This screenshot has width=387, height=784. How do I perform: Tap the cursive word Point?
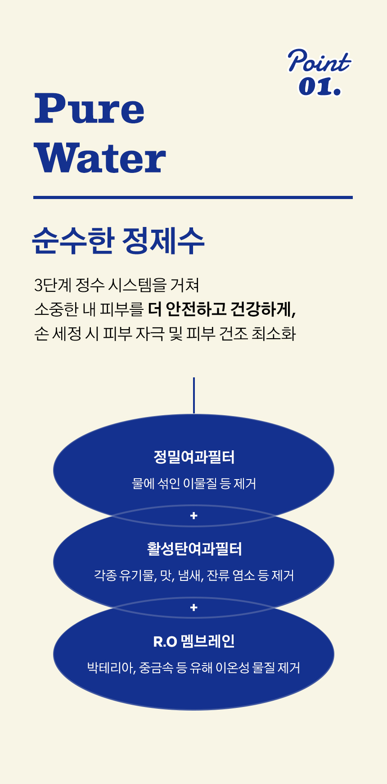(x=319, y=62)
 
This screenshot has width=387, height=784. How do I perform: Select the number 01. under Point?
(x=319, y=86)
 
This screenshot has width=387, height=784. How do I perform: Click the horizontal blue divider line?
(x=193, y=197)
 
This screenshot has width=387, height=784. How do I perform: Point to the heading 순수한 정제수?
(x=118, y=240)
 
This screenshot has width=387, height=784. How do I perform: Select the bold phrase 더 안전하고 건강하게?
(x=221, y=309)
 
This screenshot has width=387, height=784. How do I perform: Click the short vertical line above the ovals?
(x=194, y=395)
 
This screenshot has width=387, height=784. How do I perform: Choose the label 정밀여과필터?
(x=194, y=457)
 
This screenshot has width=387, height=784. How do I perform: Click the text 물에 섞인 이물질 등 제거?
(x=194, y=484)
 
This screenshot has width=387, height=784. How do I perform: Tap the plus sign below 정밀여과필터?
(x=194, y=516)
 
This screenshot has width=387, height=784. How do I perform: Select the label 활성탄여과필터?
(x=194, y=549)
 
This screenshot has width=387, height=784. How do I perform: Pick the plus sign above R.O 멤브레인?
(x=194, y=607)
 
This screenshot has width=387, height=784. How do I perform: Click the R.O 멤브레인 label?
(x=194, y=641)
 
